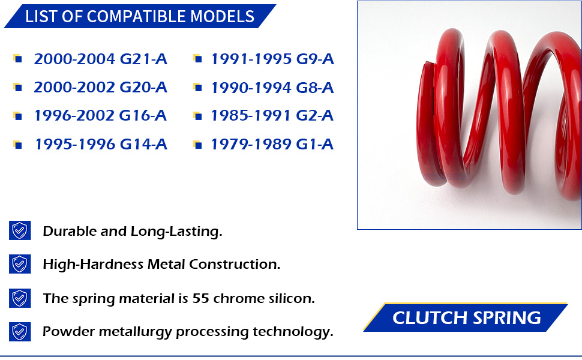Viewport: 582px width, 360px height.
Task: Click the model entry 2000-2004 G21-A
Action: click(101, 59)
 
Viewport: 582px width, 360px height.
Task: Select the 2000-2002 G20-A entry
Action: click(101, 88)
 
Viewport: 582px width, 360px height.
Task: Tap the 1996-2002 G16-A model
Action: click(101, 116)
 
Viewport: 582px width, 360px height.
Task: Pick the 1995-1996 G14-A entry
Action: click(101, 145)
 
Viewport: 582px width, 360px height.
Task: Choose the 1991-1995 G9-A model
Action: click(272, 59)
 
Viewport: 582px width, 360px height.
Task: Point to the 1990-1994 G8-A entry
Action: click(272, 88)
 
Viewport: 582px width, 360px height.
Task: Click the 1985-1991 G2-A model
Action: click(272, 116)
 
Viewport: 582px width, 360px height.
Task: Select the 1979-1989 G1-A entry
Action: click(272, 145)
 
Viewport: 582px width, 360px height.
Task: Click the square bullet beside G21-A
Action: click(17, 59)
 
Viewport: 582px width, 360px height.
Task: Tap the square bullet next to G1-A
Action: click(198, 145)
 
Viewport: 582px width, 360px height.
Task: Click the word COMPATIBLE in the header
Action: click(136, 17)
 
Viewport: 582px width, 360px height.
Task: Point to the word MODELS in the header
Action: click(223, 17)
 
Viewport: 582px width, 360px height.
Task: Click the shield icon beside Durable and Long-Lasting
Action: click(20, 230)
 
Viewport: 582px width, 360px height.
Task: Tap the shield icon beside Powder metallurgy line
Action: click(20, 331)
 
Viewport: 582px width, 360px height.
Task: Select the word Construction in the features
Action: click(235, 264)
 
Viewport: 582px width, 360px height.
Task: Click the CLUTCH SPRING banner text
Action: click(467, 318)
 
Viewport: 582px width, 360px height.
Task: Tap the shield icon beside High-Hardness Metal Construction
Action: click(20, 264)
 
